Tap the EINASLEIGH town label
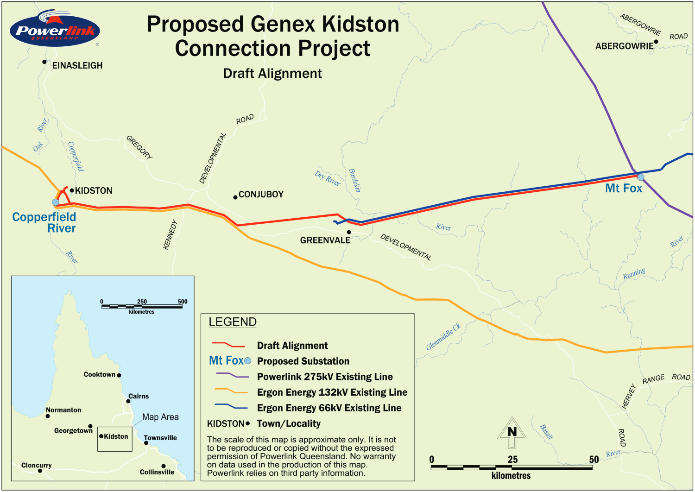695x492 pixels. [77, 66]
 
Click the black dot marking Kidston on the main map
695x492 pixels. [72, 190]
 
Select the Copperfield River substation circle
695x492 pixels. [56, 202]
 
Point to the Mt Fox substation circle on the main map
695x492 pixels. [640, 177]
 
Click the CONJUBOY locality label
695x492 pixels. [261, 195]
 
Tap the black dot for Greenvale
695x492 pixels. [349, 232]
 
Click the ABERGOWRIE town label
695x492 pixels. [624, 46]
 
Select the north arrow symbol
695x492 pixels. [512, 432]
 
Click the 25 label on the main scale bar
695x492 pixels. [512, 460]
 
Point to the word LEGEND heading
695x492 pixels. [233, 322]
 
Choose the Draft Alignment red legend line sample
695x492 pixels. [228, 345]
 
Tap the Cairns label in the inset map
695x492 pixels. [139, 396]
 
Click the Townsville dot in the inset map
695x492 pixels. [146, 443]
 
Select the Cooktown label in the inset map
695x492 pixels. [99, 374]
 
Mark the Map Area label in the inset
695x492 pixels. [160, 417]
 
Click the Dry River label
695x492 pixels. [328, 178]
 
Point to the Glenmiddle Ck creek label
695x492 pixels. [443, 337]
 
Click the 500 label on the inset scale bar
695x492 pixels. [183, 302]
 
